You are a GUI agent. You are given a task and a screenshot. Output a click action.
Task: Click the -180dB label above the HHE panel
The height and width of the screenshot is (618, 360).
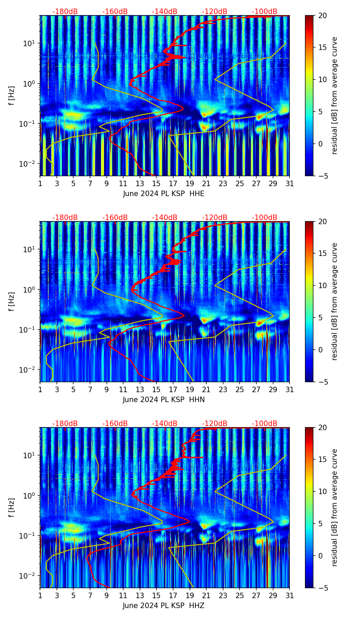[65, 12]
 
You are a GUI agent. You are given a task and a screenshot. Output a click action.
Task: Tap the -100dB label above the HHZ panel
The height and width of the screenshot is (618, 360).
[265, 424]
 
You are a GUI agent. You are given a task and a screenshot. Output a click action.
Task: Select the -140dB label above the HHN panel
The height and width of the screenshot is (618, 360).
[165, 218]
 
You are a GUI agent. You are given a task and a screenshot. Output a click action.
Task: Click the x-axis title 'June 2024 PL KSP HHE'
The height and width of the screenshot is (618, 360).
[164, 194]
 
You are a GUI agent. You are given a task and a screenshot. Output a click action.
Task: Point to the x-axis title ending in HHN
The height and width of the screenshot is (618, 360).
[164, 400]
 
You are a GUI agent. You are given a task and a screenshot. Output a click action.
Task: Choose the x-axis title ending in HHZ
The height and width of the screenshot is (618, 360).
[164, 606]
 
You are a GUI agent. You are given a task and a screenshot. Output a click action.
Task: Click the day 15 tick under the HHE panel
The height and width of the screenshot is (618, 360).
[156, 183]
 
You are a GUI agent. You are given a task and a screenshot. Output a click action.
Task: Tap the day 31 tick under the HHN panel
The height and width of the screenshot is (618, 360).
[290, 389]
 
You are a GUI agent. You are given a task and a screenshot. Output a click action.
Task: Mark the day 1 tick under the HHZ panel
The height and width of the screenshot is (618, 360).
[40, 595]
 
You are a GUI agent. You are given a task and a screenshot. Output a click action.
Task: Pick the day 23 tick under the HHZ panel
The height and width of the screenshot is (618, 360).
[223, 595]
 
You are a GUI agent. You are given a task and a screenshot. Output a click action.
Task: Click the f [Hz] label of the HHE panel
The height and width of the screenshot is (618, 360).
[12, 96]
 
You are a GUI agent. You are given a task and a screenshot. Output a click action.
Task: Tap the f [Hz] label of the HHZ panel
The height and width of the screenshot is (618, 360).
[12, 508]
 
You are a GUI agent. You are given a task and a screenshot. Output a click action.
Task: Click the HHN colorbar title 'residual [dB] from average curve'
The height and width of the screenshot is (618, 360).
[335, 301]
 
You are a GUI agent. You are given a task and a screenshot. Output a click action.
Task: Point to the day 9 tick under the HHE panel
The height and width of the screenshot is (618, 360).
[106, 183]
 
